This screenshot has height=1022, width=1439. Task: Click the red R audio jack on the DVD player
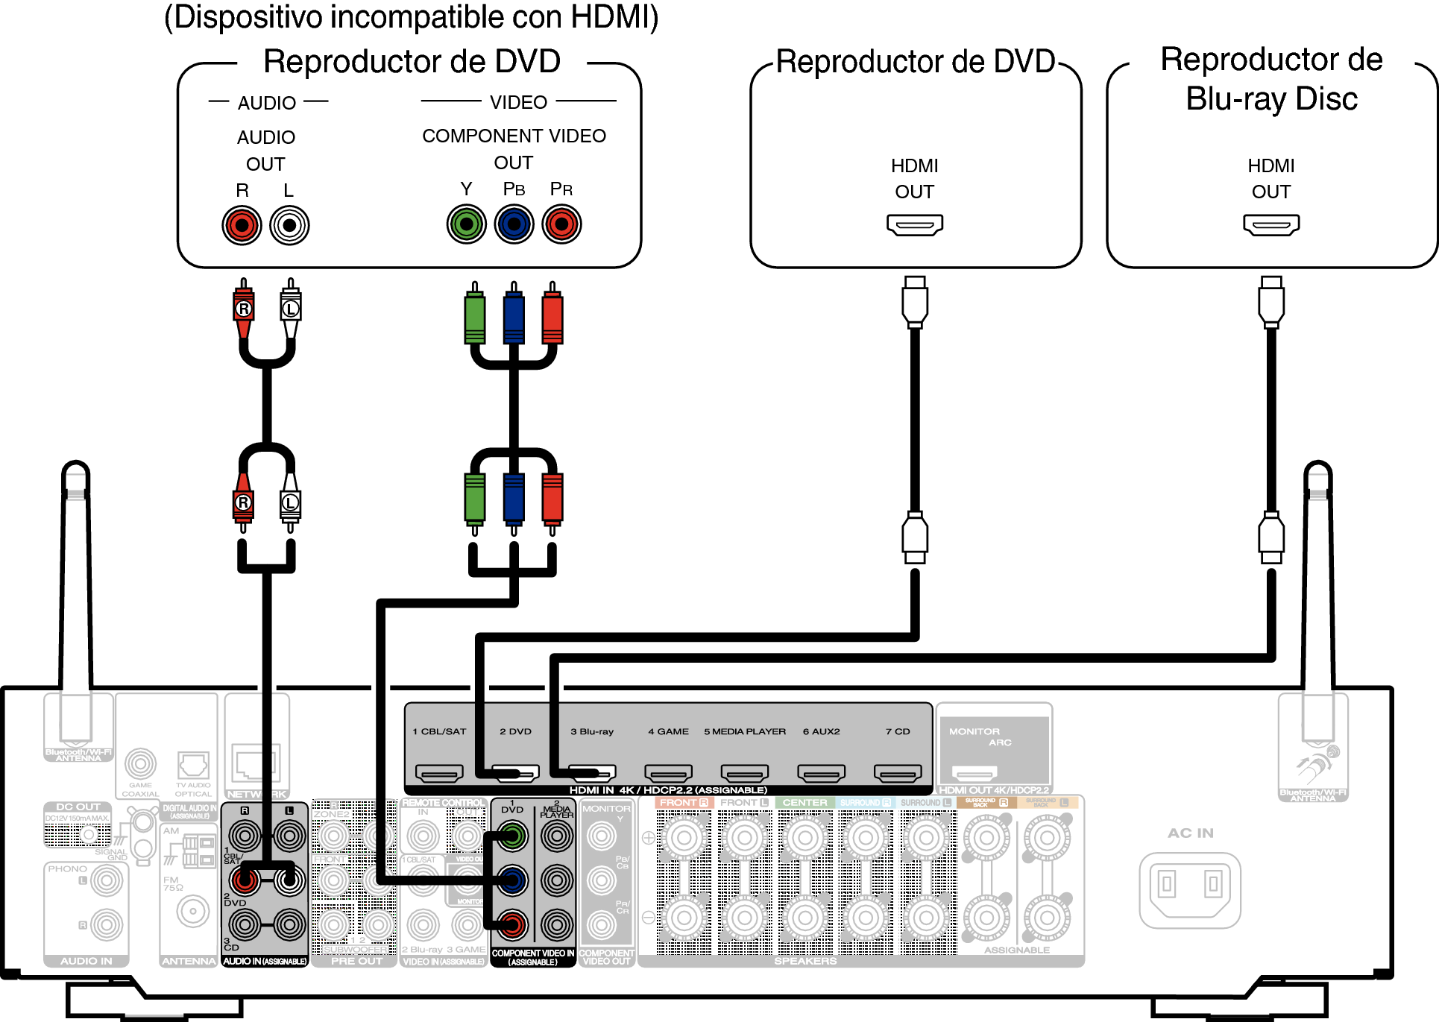click(x=242, y=225)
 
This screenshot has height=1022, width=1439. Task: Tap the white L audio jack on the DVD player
click(x=289, y=225)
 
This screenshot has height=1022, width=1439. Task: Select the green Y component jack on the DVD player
click(x=466, y=224)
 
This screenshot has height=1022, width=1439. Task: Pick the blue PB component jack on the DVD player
click(x=514, y=224)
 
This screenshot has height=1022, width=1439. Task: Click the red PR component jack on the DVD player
click(x=561, y=224)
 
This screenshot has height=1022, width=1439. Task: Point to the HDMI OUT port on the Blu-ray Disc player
click(x=1271, y=224)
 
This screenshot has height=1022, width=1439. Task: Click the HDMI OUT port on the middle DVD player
click(x=915, y=224)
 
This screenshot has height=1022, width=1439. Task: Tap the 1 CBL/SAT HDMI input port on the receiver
click(x=439, y=774)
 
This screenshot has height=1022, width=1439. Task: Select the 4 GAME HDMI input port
click(x=668, y=774)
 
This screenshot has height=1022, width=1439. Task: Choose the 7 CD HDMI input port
click(x=898, y=774)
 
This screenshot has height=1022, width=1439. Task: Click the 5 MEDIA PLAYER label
click(x=745, y=731)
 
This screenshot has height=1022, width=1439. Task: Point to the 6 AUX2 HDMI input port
click(x=821, y=774)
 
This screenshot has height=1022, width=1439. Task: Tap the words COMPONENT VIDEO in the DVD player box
click(x=514, y=136)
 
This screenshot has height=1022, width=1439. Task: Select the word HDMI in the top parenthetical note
click(x=609, y=17)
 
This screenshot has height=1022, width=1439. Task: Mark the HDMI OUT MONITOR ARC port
click(x=974, y=773)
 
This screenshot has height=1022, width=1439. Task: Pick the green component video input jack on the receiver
click(x=511, y=836)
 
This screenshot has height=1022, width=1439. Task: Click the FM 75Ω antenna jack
click(x=193, y=911)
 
